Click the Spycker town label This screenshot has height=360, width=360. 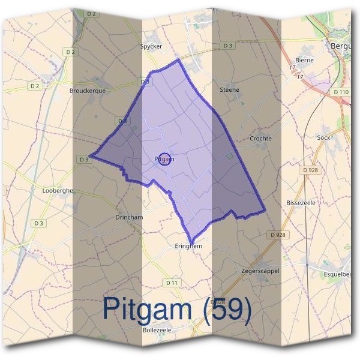click(x=151, y=46)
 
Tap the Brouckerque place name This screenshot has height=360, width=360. click(x=88, y=91)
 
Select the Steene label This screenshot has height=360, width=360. click(x=230, y=90)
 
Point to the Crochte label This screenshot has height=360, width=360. click(x=260, y=139)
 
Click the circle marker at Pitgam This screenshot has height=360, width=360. click(x=167, y=159)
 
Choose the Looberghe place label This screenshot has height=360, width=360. click(x=58, y=190)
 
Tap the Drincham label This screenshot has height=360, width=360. click(x=128, y=217)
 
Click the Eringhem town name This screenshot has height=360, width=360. click(x=188, y=246)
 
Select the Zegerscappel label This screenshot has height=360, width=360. click(x=260, y=271)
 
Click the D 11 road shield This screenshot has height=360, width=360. click(x=172, y=283)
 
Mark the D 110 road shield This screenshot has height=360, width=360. click(x=341, y=92)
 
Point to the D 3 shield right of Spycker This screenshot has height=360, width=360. click(x=227, y=46)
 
